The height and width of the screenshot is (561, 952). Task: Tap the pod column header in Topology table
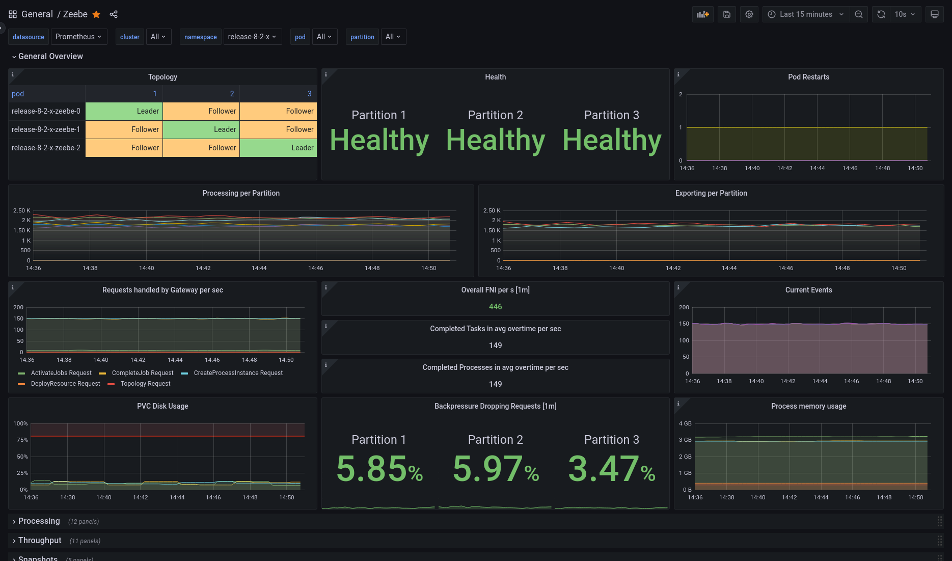point(18,94)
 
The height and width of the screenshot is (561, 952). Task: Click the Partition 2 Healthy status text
point(495,140)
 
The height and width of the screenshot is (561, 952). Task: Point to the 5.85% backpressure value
point(379,469)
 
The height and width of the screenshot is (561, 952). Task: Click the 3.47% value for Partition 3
point(611,469)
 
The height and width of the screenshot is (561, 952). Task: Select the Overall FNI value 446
point(495,307)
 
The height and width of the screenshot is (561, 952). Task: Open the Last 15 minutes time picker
point(806,14)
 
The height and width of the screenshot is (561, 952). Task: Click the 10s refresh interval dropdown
point(905,14)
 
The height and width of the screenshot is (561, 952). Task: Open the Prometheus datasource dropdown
point(78,37)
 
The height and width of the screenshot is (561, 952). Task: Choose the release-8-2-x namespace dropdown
point(252,37)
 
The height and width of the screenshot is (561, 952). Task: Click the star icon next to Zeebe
point(96,14)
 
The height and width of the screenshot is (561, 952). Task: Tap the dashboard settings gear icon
point(749,14)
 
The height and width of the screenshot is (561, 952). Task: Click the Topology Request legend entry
point(145,384)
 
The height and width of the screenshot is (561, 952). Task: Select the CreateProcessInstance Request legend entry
point(238,373)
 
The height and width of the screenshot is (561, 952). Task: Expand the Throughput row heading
point(40,540)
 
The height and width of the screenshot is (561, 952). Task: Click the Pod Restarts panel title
point(808,77)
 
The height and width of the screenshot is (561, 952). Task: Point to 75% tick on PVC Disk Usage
point(22,440)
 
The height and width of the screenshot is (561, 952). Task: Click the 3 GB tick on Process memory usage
point(685,440)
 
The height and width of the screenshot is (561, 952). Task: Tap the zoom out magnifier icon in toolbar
point(859,14)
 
